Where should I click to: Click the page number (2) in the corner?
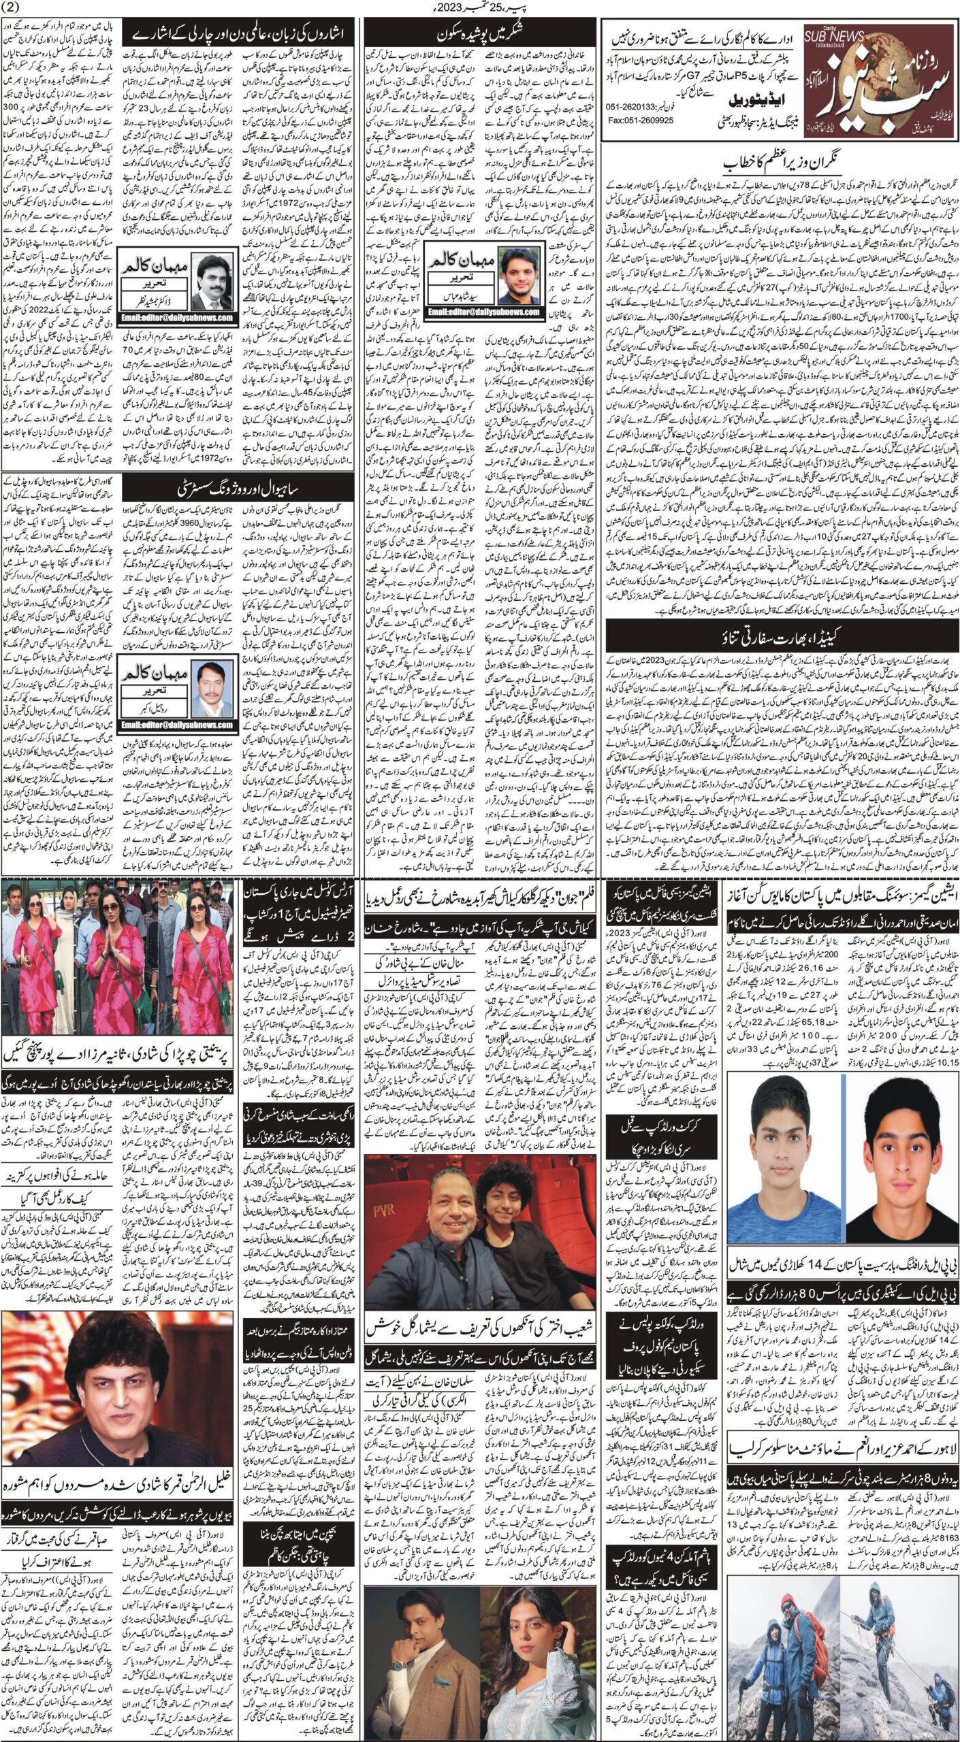pyautogui.click(x=13, y=7)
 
